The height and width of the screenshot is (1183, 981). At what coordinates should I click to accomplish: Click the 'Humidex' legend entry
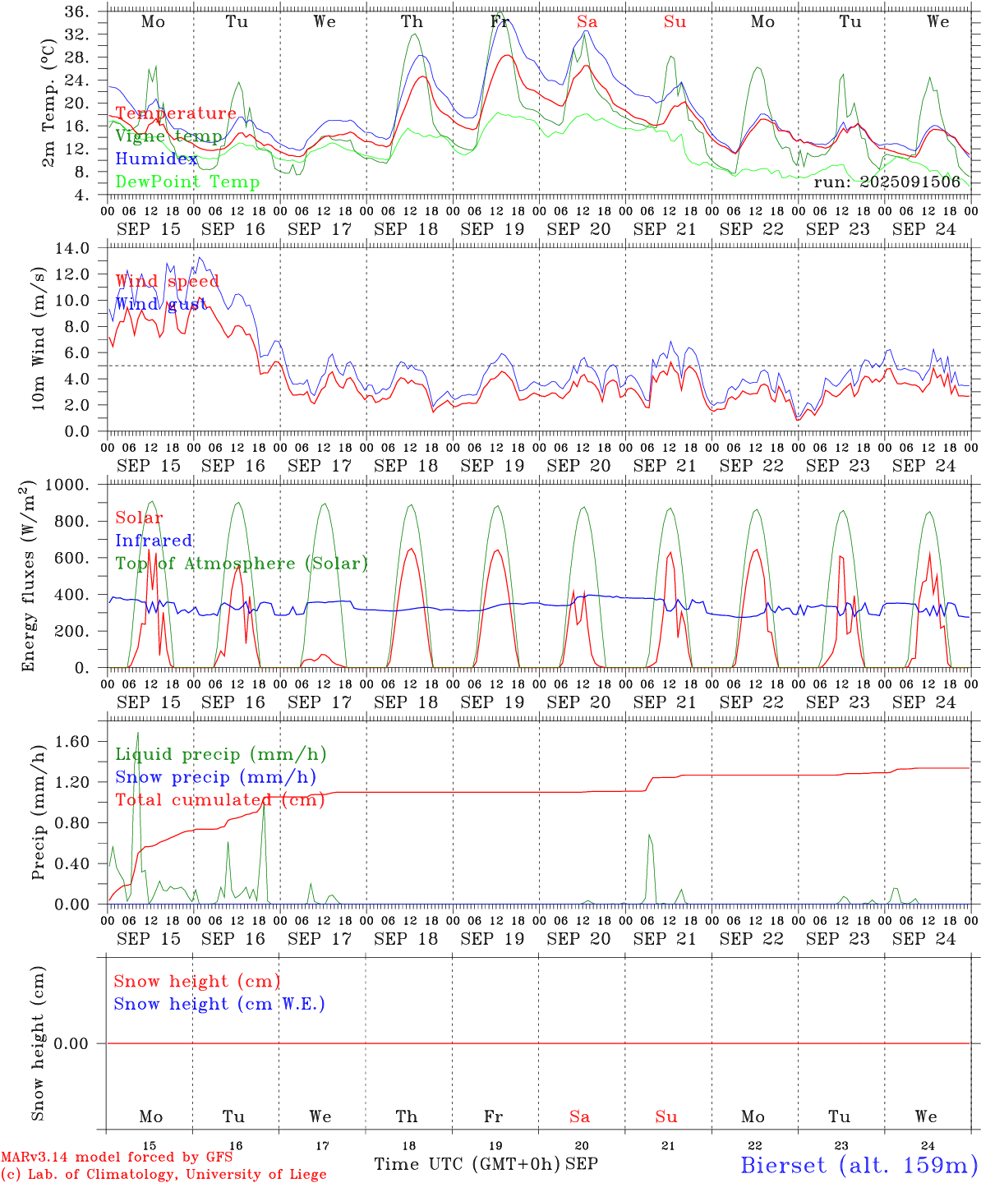(x=156, y=159)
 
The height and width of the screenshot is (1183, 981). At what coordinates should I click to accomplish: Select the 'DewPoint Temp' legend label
(x=187, y=182)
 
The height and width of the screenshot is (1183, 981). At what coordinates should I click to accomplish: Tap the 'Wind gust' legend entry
(x=161, y=304)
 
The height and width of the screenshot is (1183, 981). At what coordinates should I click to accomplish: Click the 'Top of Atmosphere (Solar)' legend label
(x=242, y=564)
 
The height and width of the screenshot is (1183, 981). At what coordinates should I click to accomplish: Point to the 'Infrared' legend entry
(x=154, y=541)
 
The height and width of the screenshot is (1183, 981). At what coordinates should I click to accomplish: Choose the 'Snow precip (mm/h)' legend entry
(x=215, y=777)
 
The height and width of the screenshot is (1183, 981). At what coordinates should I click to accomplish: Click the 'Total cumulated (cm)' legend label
(x=219, y=800)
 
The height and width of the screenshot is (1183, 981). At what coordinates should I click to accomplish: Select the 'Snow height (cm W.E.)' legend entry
(x=219, y=1004)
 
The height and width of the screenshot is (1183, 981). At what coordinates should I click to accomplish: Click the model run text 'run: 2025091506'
(x=887, y=182)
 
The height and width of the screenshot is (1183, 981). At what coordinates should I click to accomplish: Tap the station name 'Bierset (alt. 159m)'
(x=859, y=1165)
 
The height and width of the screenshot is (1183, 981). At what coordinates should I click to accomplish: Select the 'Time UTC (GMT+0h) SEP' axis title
(x=486, y=1164)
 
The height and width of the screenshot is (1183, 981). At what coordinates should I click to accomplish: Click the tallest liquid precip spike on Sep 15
(x=138, y=733)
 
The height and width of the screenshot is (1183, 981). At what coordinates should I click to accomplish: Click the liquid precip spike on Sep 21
(x=649, y=836)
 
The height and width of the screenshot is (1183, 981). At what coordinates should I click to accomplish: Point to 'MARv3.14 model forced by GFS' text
(x=117, y=1158)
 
